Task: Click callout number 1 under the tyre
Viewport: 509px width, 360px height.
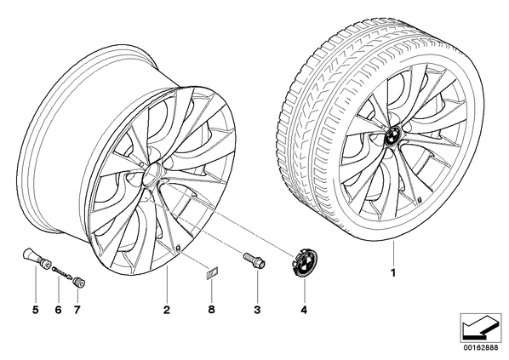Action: coord(393,273)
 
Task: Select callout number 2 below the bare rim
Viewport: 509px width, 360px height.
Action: coord(167,310)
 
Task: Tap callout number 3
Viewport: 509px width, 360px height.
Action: coord(257,310)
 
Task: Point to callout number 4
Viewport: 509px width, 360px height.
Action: coord(304,310)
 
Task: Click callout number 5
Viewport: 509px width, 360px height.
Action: coord(36,310)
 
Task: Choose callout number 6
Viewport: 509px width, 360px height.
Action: coord(58,310)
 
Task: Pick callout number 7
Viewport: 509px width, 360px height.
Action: coord(77,310)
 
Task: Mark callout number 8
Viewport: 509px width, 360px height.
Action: coord(211,310)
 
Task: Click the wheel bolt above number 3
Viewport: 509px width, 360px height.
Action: coord(254,260)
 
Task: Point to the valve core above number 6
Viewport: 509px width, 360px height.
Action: coord(62,271)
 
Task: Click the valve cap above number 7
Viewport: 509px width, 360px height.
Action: coord(79,283)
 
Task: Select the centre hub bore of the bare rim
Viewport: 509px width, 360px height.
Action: coord(151,173)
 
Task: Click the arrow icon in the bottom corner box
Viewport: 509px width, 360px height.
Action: coord(480,327)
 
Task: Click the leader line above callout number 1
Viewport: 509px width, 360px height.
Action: coord(393,254)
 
